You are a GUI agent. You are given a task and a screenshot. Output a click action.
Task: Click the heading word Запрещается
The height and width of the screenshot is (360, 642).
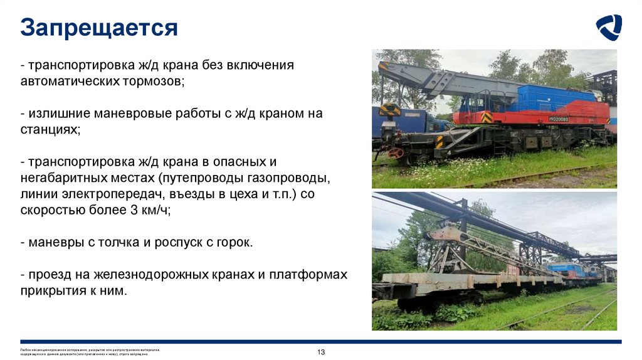(x=99, y=28)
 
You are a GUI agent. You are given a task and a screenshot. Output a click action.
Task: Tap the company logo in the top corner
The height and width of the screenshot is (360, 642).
(x=608, y=28)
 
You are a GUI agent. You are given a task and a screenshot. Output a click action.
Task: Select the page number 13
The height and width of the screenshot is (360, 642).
(x=321, y=352)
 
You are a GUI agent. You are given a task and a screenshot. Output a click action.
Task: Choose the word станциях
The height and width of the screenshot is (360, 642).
(x=51, y=130)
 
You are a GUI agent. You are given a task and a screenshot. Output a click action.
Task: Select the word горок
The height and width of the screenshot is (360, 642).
(x=234, y=243)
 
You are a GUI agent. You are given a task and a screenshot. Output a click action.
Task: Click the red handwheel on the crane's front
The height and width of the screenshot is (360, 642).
(x=395, y=152)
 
